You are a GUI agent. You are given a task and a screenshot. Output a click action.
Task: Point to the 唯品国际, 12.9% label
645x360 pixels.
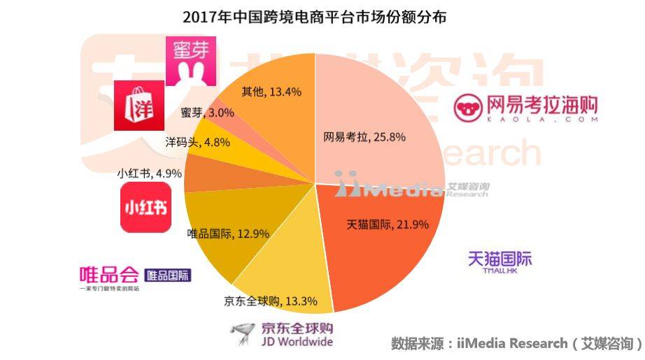229,233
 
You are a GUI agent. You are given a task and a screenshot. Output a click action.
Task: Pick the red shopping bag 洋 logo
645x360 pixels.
139,104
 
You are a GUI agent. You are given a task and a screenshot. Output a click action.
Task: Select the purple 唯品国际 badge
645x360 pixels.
167,275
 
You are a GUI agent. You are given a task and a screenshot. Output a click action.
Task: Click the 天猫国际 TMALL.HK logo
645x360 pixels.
499,263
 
